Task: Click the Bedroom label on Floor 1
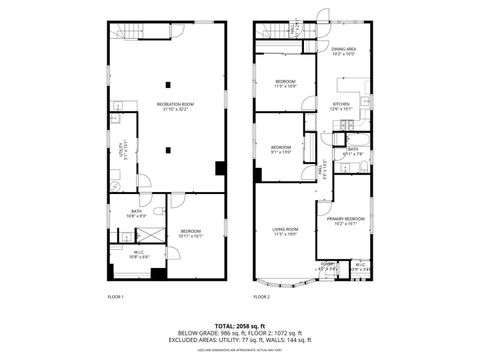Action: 191,233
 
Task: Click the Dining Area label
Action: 344,50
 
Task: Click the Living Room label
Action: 286,232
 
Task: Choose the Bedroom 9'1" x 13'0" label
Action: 281,149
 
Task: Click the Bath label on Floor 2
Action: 353,152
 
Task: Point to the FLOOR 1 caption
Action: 116,297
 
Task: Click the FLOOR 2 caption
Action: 262,297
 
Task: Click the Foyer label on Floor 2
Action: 326,265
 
